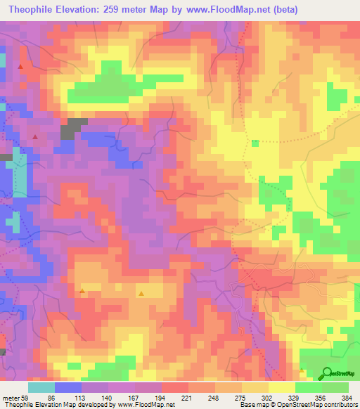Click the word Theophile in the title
coord(33,10)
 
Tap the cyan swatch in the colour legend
coord(41,387)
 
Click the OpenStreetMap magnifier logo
coord(326,373)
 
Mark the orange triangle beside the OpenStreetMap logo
coord(302,369)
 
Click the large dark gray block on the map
coord(72,128)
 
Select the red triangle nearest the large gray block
coord(35,137)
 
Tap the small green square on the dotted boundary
coord(255,143)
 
